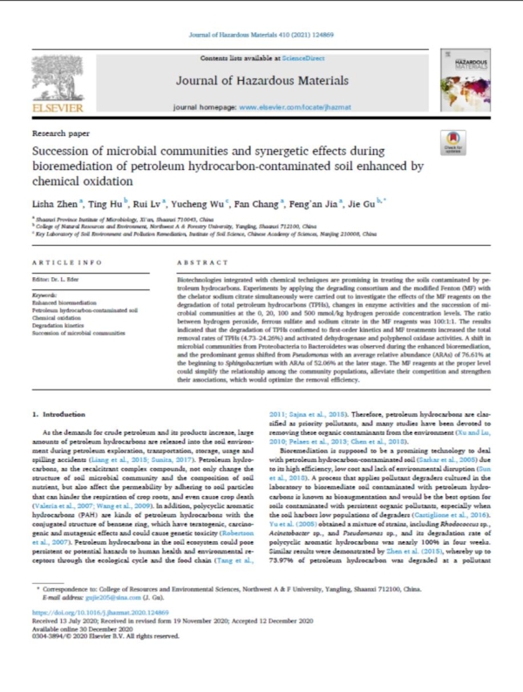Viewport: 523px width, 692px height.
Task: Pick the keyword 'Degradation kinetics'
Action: click(59, 323)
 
